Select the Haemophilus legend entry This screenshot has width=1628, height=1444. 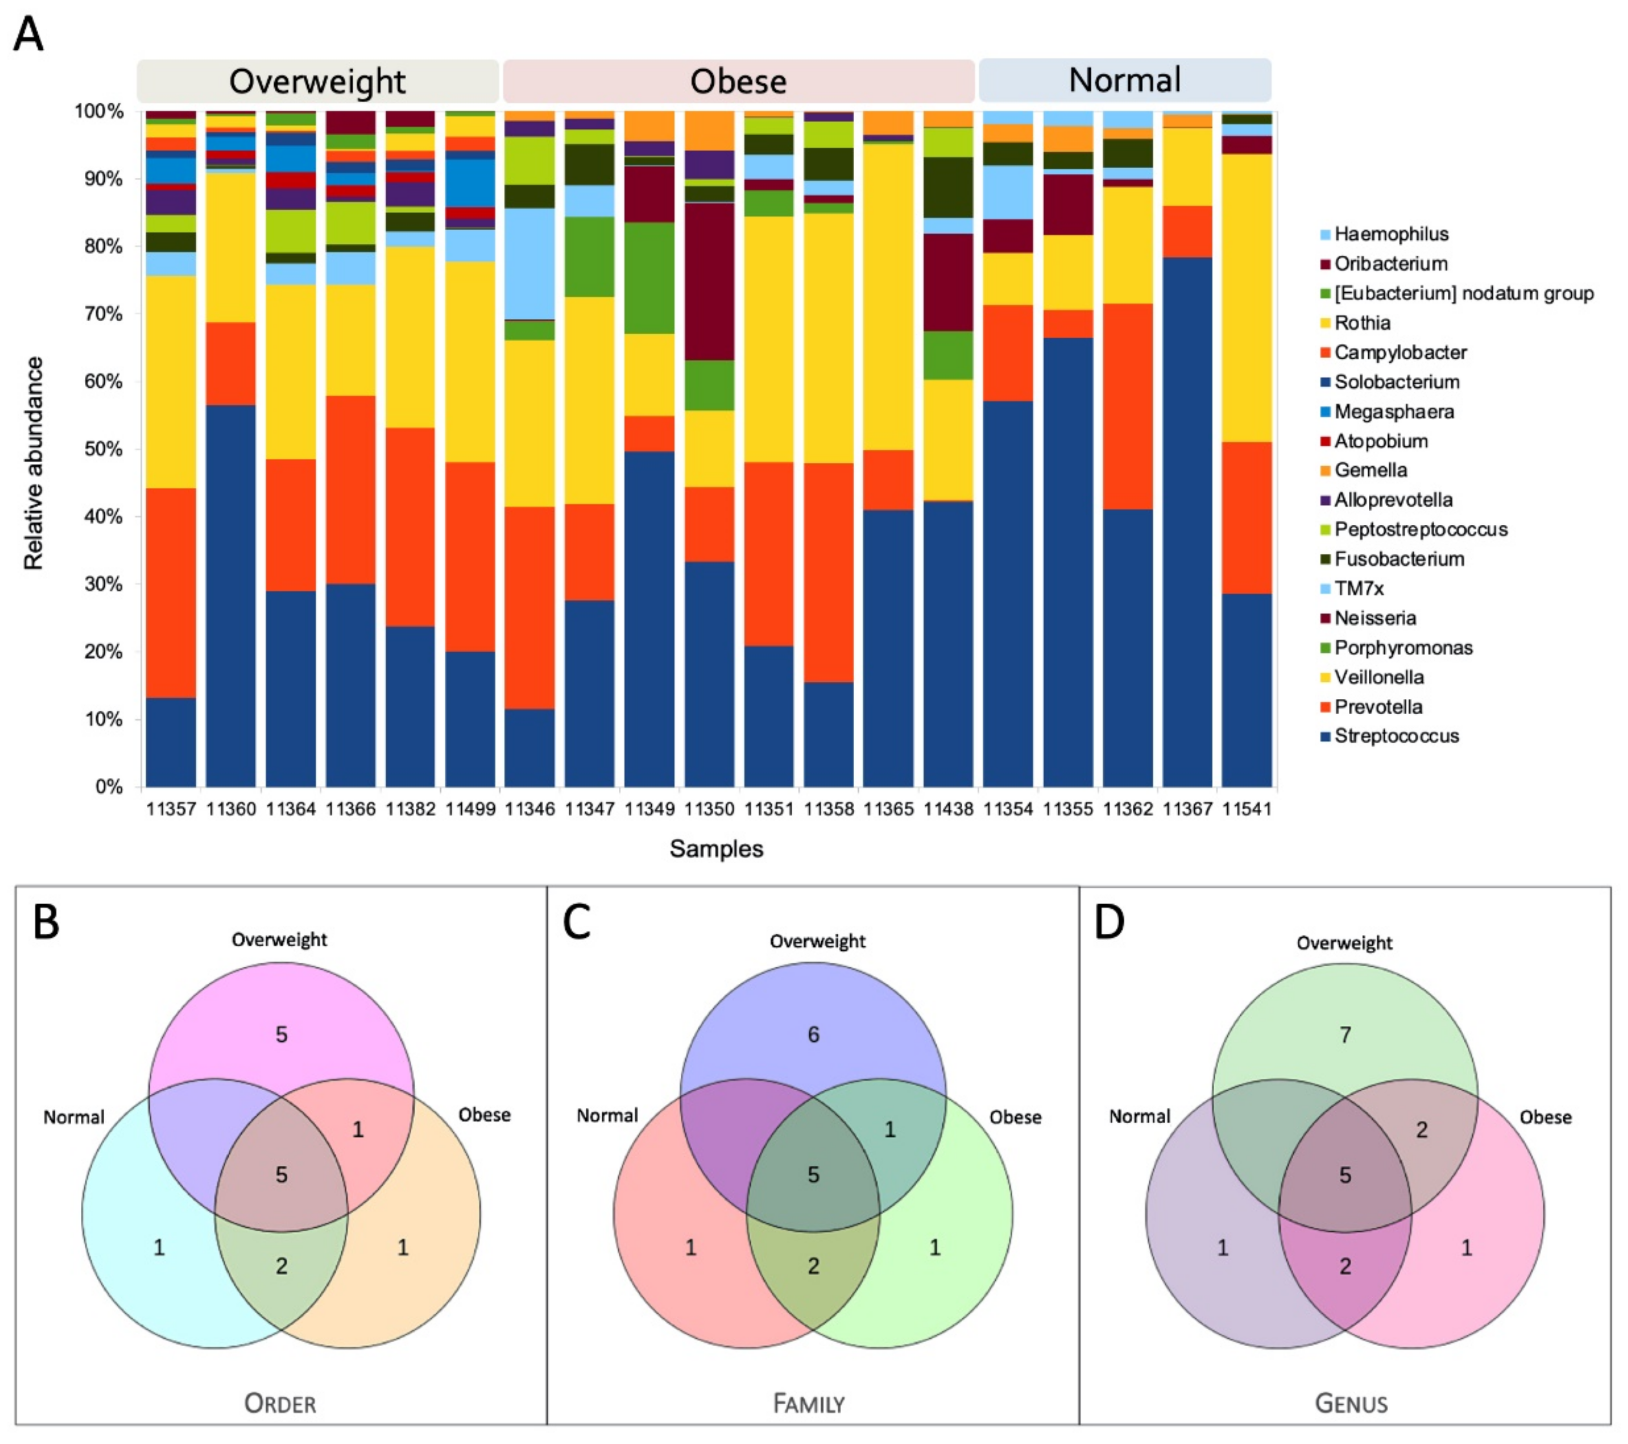(1391, 234)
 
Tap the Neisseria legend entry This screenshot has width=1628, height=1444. (1375, 618)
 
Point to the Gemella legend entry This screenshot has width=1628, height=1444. (1370, 470)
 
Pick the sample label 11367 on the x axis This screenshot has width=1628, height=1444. (1187, 809)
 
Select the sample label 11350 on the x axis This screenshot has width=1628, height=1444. (709, 809)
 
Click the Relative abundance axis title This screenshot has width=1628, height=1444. (33, 464)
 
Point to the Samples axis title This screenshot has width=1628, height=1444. (716, 849)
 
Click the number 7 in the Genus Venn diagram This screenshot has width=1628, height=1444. (1345, 1035)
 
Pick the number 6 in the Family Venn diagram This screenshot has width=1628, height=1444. (813, 1035)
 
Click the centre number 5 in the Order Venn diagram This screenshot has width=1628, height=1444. (281, 1175)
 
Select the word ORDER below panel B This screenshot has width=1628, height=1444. (281, 1403)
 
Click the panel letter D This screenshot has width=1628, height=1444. (1110, 922)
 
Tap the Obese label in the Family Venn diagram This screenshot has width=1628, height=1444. (1015, 1117)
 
